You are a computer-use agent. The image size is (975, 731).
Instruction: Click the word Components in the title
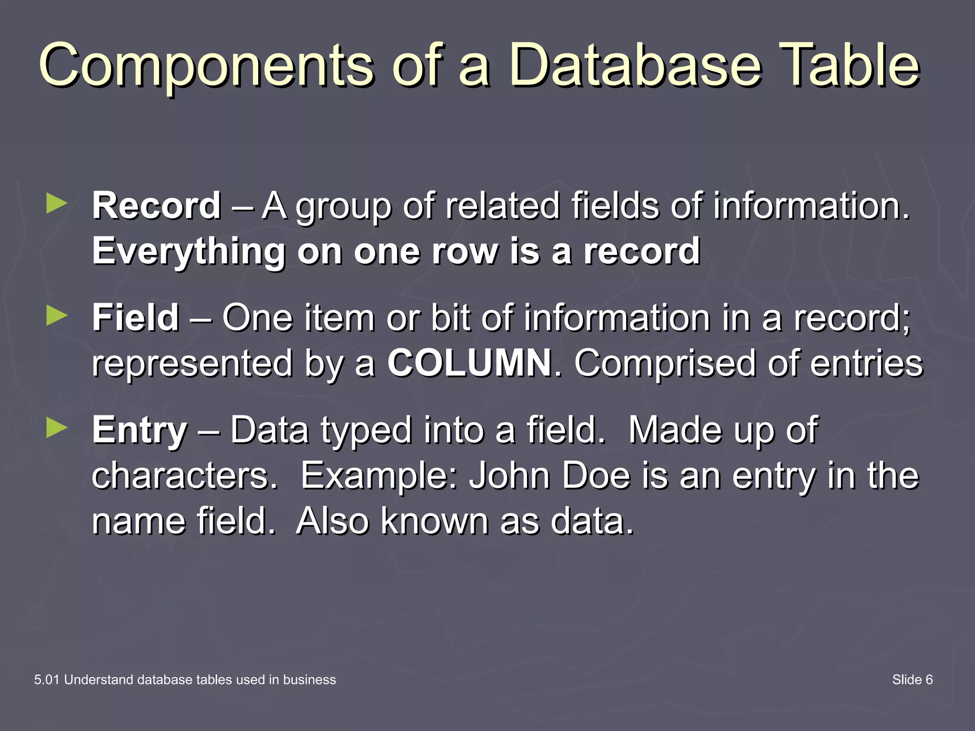click(x=206, y=67)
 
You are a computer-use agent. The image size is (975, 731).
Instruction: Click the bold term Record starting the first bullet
click(x=157, y=206)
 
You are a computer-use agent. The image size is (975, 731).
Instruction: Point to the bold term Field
click(x=136, y=318)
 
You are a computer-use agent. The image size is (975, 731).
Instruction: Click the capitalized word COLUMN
click(x=469, y=363)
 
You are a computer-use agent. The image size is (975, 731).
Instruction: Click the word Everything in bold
click(x=189, y=252)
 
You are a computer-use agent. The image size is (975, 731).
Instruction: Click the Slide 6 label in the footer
click(x=912, y=680)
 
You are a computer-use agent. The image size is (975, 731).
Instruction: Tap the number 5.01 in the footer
click(x=47, y=680)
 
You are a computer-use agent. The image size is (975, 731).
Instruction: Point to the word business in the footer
click(x=309, y=680)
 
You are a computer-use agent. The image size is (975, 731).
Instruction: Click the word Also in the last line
click(x=332, y=521)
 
